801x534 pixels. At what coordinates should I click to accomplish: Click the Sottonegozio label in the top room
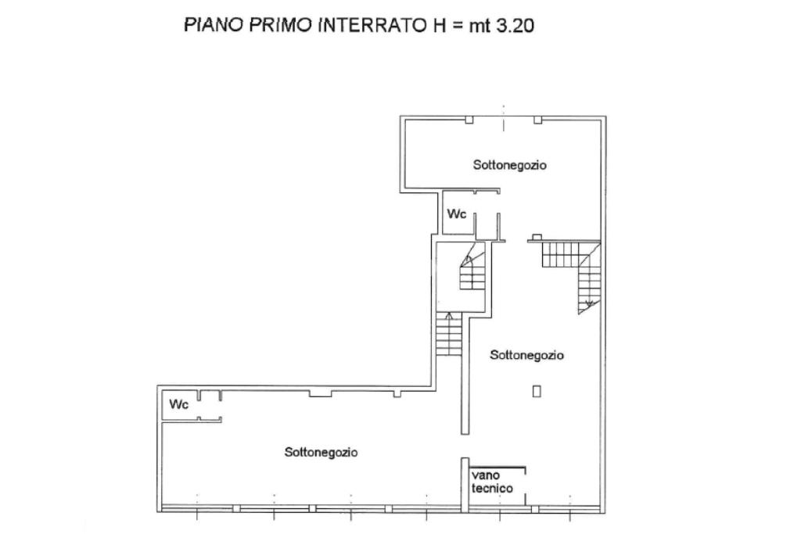[x=509, y=165]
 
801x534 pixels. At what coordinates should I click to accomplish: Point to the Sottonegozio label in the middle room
[x=526, y=355]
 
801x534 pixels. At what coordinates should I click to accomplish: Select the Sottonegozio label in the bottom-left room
[x=321, y=452]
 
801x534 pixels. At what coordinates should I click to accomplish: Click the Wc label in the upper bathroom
[x=457, y=213]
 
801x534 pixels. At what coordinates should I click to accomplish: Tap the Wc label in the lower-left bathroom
[x=179, y=404]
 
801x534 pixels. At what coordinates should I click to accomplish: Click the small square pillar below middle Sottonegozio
[x=537, y=391]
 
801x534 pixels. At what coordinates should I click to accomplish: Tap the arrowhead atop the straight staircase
[x=449, y=316]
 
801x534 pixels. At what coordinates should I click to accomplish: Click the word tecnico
[x=492, y=489]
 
